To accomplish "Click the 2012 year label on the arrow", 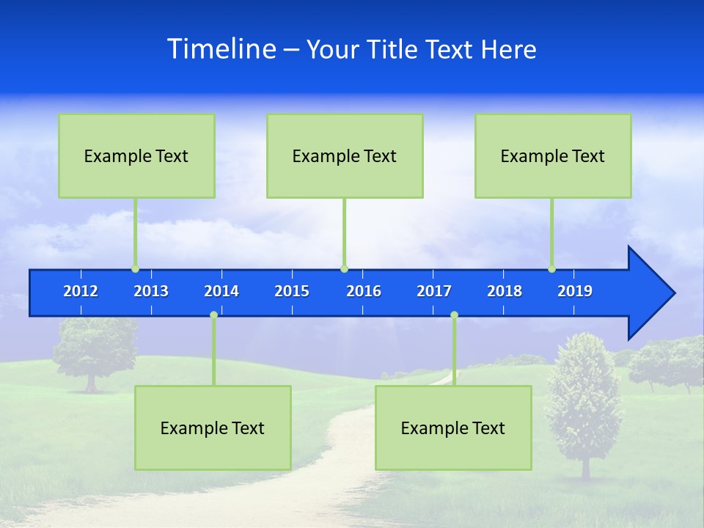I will pyautogui.click(x=81, y=291).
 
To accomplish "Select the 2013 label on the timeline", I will pyautogui.click(x=151, y=291).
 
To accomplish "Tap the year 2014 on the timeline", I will pyautogui.click(x=221, y=291).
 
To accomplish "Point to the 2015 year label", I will pyautogui.click(x=292, y=291).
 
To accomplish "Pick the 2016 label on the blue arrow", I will pyautogui.click(x=364, y=291).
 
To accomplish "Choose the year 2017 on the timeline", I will pyautogui.click(x=434, y=291).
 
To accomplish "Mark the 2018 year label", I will pyautogui.click(x=505, y=291).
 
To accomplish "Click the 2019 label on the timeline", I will pyautogui.click(x=575, y=291).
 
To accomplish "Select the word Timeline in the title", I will pyautogui.click(x=221, y=48).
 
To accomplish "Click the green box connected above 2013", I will pyautogui.click(x=136, y=155).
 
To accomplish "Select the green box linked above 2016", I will pyautogui.click(x=345, y=155).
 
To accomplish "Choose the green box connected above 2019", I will pyautogui.click(x=553, y=155).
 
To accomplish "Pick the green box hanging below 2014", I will pyautogui.click(x=213, y=428).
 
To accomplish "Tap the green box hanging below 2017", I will pyautogui.click(x=453, y=428).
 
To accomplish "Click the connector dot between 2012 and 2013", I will pyautogui.click(x=135, y=269).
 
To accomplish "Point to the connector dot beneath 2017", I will pyautogui.click(x=454, y=315).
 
